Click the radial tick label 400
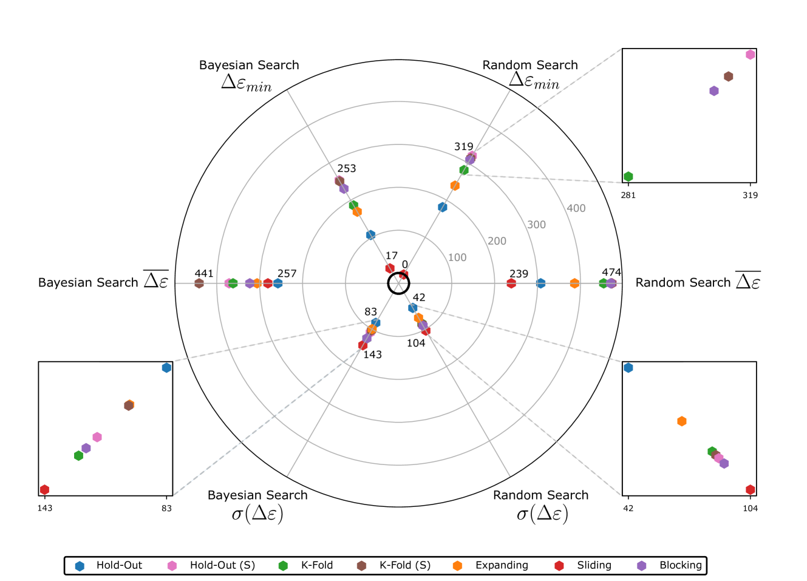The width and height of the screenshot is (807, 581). point(576,208)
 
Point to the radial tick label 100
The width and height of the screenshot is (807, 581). point(457,257)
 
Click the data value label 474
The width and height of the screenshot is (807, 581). point(611,272)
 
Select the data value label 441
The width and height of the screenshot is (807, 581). point(204,273)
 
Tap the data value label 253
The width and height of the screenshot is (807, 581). point(347,168)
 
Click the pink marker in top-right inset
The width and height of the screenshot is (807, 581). point(751,55)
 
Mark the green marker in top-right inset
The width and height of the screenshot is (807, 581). point(628,177)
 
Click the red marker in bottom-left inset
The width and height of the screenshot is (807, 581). point(44,489)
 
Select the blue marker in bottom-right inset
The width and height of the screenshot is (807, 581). point(628,367)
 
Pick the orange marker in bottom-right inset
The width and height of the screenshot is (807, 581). point(682,421)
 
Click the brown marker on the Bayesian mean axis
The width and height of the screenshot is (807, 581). point(199,284)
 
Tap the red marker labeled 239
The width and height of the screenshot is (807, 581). point(511,284)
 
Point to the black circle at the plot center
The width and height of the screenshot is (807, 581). point(398,283)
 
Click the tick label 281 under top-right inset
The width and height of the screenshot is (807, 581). point(628,195)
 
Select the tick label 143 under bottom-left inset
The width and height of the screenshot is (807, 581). point(45,508)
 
